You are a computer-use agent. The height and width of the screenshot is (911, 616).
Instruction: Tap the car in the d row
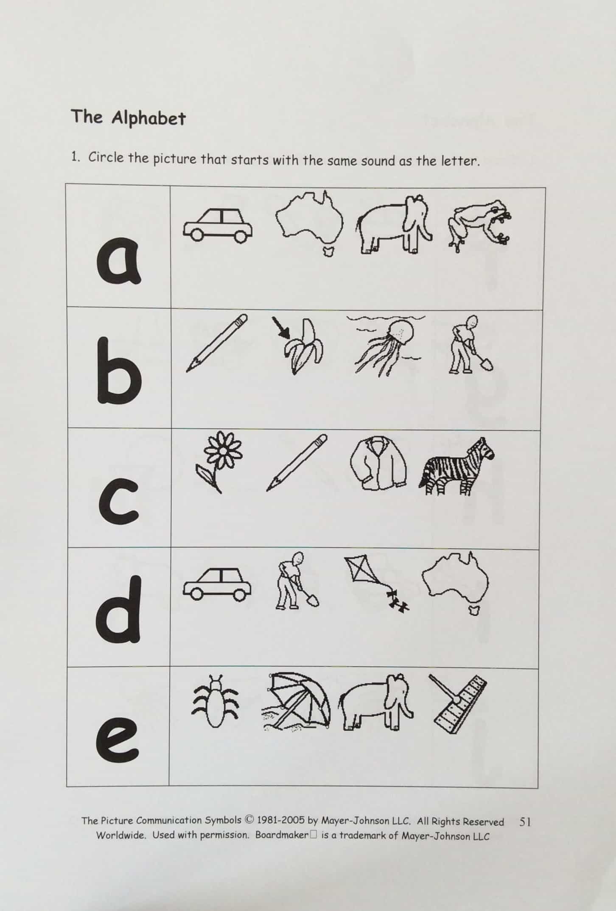pos(217,583)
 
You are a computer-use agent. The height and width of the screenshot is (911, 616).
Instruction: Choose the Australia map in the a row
pos(310,224)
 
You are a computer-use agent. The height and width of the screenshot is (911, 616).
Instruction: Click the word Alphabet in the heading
pos(148,119)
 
